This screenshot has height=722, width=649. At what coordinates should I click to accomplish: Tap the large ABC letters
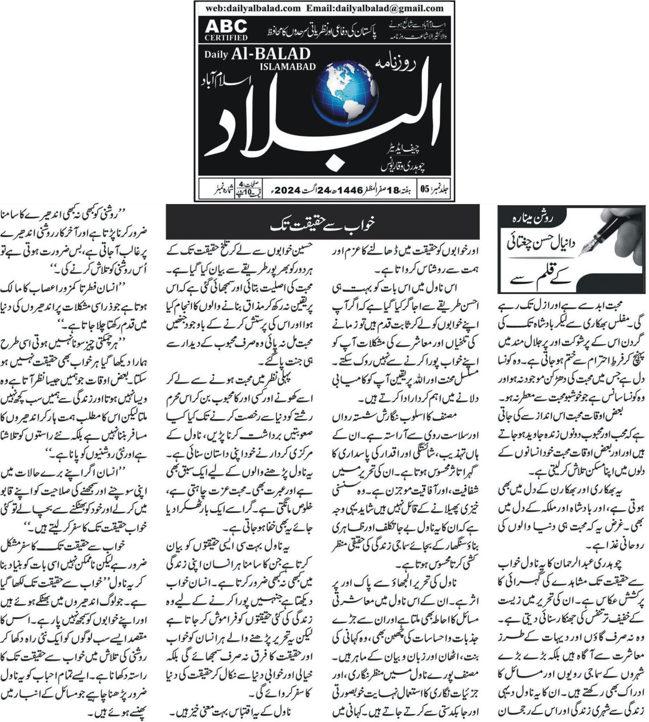pyautogui.click(x=226, y=26)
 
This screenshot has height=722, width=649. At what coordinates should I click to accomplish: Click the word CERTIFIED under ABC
pyautogui.click(x=226, y=37)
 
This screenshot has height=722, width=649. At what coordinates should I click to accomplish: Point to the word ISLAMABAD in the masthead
pyautogui.click(x=288, y=67)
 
